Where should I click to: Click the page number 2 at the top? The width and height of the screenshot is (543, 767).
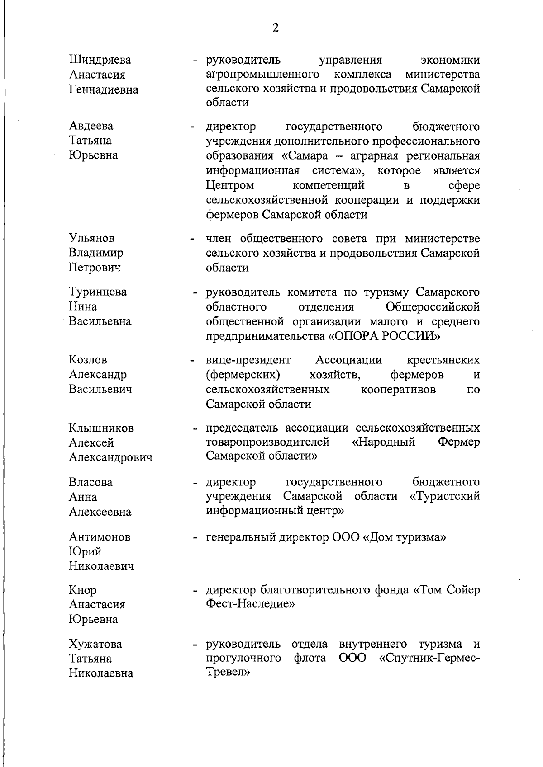coord(275,28)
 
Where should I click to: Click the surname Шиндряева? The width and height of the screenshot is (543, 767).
coord(100,60)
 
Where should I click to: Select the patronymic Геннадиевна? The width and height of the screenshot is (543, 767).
coord(104,89)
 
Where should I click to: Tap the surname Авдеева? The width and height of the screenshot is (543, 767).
coord(91,126)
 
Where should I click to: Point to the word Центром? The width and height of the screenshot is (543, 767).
coord(229,185)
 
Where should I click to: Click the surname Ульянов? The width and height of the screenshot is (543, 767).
coord(92,238)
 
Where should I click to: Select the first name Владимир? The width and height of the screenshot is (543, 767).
coord(96,253)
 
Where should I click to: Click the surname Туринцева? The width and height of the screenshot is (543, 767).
coord(98,292)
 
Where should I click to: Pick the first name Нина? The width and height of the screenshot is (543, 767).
coord(82,306)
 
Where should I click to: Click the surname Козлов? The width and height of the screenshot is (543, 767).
coord(88,360)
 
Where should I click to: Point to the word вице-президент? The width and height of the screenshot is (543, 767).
coord(248,360)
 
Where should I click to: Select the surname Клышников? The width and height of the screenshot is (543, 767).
coord(101,428)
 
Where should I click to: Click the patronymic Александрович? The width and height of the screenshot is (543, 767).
coord(110,457)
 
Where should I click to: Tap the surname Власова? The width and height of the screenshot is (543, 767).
coord(90,482)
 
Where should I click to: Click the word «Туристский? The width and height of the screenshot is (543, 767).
coord(444,497)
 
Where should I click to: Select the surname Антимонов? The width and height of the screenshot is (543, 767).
coord(100,537)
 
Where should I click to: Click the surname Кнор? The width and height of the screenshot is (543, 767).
coord(83,590)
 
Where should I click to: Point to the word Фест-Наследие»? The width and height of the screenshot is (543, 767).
coord(250,604)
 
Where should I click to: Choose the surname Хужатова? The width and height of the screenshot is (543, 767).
coord(95,644)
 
